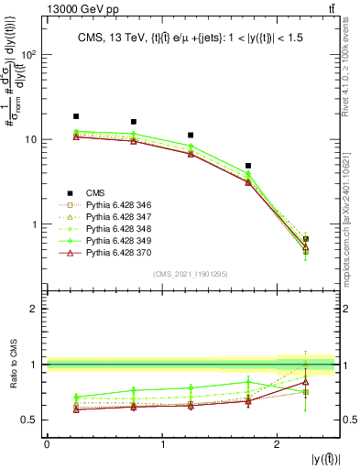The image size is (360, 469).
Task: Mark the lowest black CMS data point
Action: click(306, 239)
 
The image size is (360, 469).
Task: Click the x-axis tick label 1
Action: click(162, 445)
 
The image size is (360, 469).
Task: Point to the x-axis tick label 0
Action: click(47, 445)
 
